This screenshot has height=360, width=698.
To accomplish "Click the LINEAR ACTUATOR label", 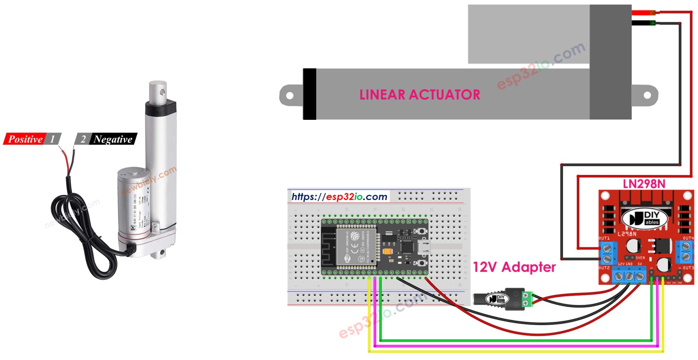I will [x=420, y=94].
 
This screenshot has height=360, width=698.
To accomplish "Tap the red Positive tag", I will [x=25, y=139].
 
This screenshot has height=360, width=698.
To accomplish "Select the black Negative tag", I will [x=113, y=139].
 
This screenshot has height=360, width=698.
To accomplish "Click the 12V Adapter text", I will [x=514, y=267].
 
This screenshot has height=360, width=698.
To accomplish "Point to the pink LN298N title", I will [x=644, y=184].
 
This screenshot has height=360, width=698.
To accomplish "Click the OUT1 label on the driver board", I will [x=604, y=238].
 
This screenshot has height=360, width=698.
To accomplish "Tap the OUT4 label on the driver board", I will [x=688, y=238].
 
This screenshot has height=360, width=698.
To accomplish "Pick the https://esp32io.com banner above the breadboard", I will [x=339, y=197].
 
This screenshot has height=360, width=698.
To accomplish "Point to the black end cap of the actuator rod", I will [x=310, y=94].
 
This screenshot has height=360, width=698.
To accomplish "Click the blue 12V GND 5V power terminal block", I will [x=630, y=276].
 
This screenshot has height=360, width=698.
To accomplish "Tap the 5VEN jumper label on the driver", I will [x=640, y=258].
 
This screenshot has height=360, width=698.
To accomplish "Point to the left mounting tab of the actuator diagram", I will [x=290, y=94].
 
